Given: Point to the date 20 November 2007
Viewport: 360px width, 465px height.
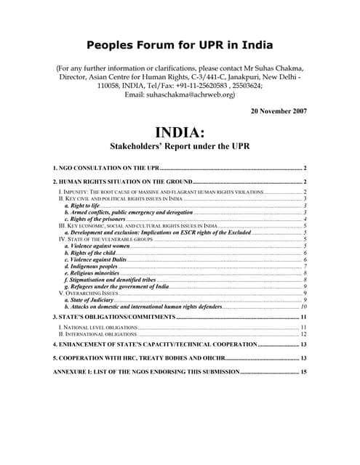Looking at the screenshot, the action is click(x=279, y=111).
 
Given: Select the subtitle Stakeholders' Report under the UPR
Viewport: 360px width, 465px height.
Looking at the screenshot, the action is click(x=180, y=146).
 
